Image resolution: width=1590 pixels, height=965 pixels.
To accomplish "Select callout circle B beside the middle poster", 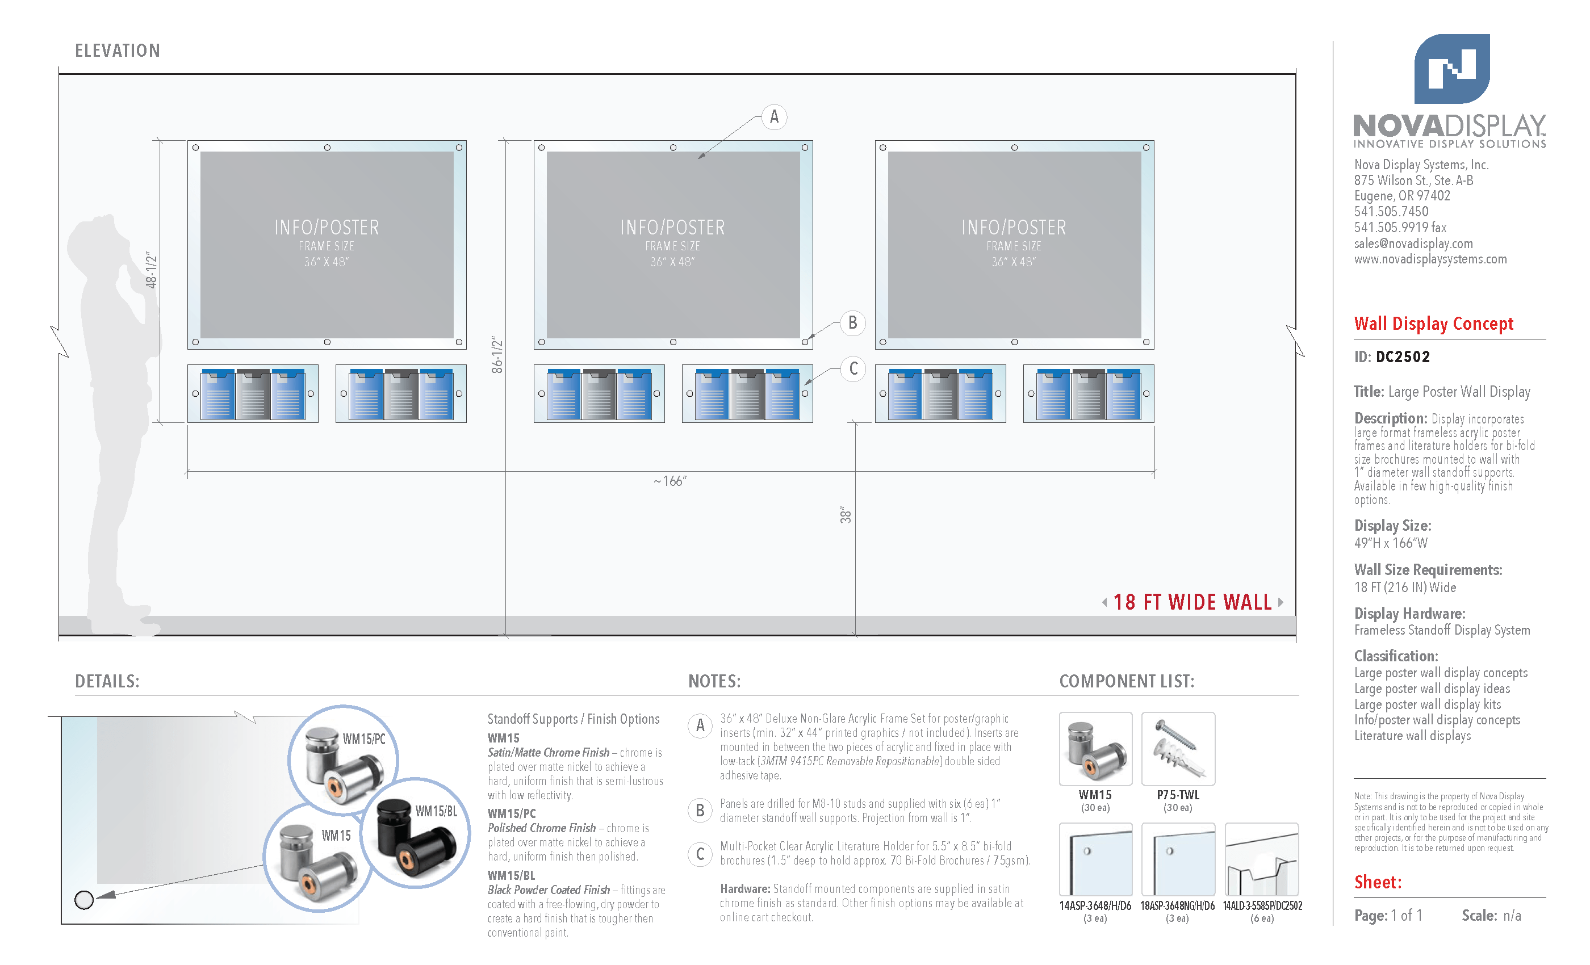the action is click(852, 322).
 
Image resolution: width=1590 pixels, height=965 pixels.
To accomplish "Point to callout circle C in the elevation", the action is click(853, 369).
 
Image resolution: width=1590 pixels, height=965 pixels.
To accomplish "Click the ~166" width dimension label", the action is click(670, 481).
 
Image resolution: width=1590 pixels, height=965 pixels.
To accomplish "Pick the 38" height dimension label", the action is click(846, 515).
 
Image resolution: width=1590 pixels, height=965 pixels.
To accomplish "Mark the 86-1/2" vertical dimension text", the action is click(496, 354).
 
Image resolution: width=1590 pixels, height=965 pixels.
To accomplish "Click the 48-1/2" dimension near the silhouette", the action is click(151, 270).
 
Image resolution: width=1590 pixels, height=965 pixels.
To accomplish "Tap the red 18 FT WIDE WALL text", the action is click(1192, 602).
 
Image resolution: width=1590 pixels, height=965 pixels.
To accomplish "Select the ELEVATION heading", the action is click(118, 51).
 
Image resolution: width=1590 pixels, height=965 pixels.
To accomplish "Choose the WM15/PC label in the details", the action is click(364, 739).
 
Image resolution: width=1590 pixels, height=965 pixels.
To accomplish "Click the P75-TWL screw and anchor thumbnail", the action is click(1178, 749).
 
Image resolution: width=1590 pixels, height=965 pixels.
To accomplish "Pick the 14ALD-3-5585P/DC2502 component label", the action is click(1262, 905).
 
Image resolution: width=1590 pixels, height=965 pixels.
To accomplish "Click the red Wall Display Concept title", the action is click(1433, 323).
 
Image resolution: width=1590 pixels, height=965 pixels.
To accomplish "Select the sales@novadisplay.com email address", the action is click(1413, 243).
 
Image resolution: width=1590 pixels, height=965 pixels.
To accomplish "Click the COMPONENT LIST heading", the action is click(1127, 681).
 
